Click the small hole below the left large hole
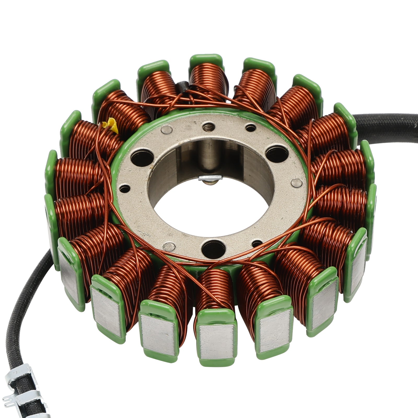pos(125,188)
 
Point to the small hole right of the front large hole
pos(257,243)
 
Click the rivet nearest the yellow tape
pos(166,129)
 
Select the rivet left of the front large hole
pos(169,246)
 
